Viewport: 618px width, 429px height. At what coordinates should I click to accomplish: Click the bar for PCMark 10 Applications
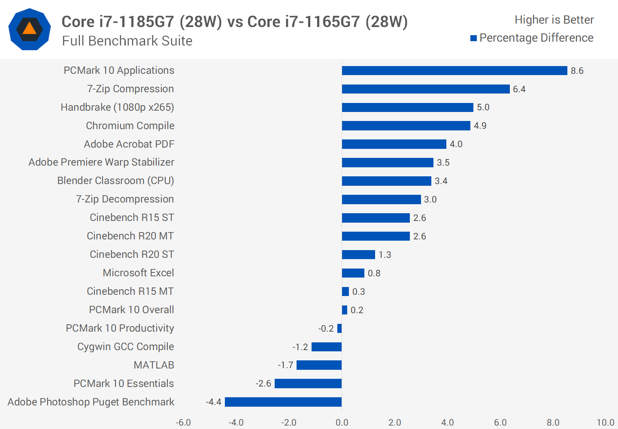click(x=454, y=71)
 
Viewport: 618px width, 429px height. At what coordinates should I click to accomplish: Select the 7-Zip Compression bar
click(x=426, y=89)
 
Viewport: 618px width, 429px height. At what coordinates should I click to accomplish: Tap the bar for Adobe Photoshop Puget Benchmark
click(x=283, y=402)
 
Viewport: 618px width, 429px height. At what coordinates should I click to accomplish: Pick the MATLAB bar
click(x=319, y=365)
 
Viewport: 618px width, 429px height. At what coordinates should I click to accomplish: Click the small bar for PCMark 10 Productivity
click(x=339, y=329)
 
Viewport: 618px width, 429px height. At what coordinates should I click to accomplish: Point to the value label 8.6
click(x=577, y=71)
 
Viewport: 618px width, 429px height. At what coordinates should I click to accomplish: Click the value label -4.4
click(x=213, y=402)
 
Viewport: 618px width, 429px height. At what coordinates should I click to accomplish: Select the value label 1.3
click(x=385, y=255)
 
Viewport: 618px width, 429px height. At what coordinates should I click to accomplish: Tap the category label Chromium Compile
click(x=130, y=126)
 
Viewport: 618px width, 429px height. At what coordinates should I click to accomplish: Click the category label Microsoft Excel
click(x=138, y=273)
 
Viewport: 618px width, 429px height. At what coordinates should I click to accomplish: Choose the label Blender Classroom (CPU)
click(x=115, y=181)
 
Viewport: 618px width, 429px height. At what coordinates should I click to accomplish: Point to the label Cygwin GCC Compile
click(x=125, y=347)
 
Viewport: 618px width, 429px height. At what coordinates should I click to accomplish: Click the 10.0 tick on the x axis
click(x=605, y=423)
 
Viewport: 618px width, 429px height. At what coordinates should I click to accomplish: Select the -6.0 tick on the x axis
click(x=183, y=423)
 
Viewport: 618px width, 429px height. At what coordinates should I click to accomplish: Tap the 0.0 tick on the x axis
click(x=342, y=423)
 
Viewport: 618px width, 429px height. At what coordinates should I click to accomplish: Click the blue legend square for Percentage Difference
click(x=474, y=38)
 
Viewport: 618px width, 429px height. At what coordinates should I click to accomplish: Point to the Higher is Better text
click(x=554, y=20)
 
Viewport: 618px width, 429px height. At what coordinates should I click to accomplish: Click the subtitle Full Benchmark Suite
click(x=127, y=41)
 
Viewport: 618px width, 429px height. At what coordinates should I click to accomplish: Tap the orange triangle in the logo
click(x=29, y=29)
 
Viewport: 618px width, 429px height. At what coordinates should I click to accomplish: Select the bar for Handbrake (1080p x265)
click(x=407, y=108)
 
